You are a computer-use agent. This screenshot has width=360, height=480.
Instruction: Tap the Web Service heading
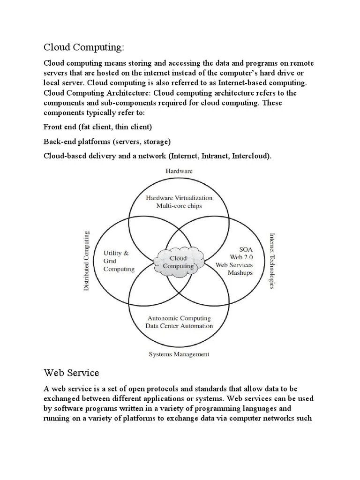71,373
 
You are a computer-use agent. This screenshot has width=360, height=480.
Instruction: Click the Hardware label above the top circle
179,172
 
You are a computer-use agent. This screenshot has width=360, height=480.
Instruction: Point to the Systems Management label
179,354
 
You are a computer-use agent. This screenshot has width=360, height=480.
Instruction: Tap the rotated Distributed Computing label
87,261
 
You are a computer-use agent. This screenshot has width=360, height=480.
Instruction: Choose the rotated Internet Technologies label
272,261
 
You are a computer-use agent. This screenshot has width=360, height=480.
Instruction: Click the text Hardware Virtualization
179,198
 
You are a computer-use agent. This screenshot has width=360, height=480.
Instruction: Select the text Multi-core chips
179,206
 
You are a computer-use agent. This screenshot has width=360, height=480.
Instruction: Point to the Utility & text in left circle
116,253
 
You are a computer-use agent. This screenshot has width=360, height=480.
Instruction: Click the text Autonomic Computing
179,318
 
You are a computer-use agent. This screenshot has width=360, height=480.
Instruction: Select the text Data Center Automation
179,326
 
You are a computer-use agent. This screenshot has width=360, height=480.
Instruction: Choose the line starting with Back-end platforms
107,141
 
